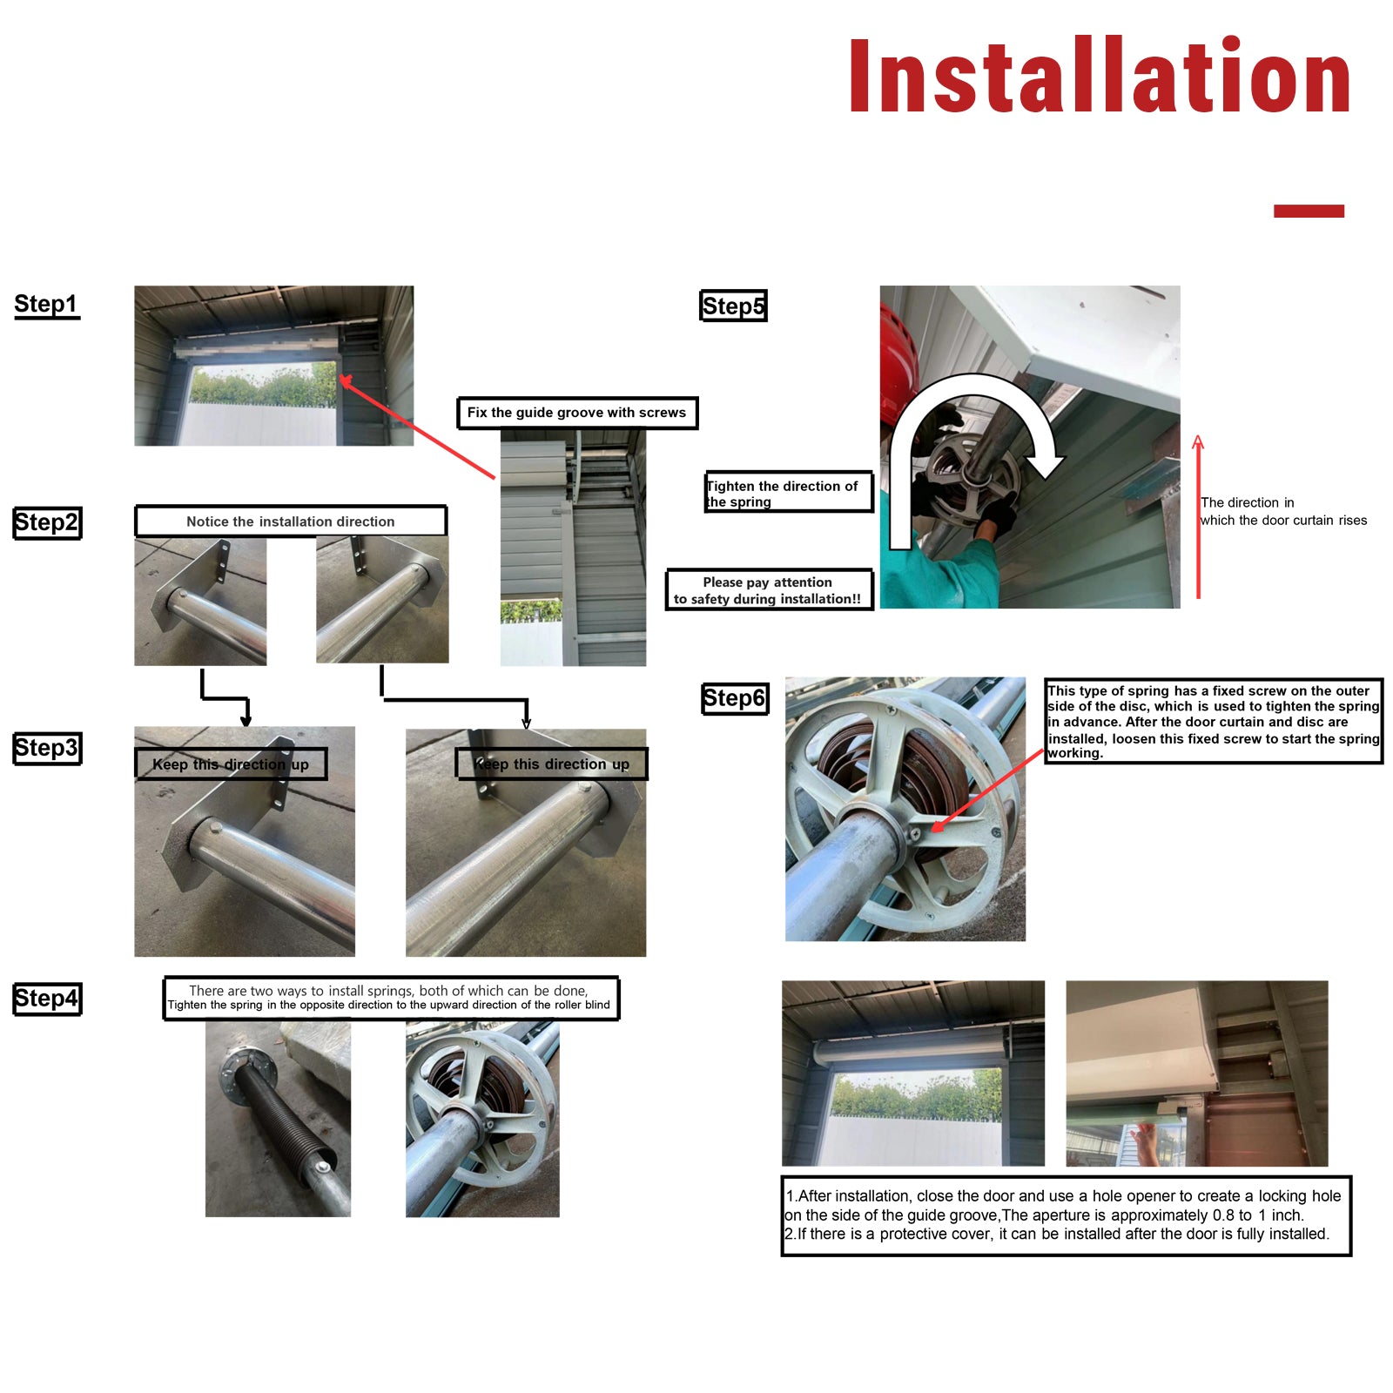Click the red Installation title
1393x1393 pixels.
click(x=1100, y=76)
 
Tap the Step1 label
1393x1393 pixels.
click(x=46, y=305)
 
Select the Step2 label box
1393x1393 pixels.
click(x=47, y=523)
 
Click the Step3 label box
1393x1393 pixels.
click(x=47, y=749)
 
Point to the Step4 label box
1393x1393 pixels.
click(x=47, y=999)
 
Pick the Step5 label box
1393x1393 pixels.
click(x=733, y=306)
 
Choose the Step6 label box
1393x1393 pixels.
click(x=735, y=698)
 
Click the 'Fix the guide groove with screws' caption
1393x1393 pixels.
click(x=577, y=413)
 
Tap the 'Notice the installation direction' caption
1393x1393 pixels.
click(x=291, y=521)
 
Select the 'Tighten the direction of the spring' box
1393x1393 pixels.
click(x=788, y=493)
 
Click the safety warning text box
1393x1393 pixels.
click(x=769, y=590)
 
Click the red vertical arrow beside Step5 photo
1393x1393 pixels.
click(x=1199, y=517)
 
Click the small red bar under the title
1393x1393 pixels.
click(x=1309, y=211)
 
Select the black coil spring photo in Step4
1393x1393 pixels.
click(x=278, y=1119)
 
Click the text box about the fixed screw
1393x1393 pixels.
click(x=1214, y=722)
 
